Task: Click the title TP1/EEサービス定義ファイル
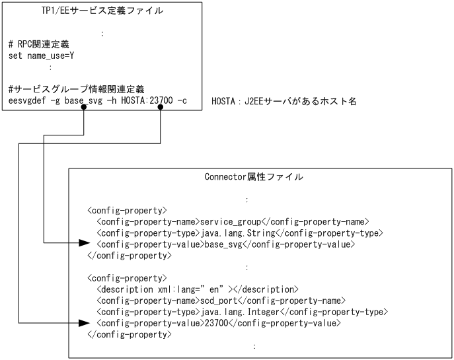(102, 11)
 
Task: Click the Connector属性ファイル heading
(254, 177)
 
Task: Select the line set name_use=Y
(40, 55)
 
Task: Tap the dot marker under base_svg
(83, 110)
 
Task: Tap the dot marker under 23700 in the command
(161, 110)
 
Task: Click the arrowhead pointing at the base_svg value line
(84, 244)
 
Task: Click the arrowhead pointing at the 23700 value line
(84, 323)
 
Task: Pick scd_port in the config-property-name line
(219, 301)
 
